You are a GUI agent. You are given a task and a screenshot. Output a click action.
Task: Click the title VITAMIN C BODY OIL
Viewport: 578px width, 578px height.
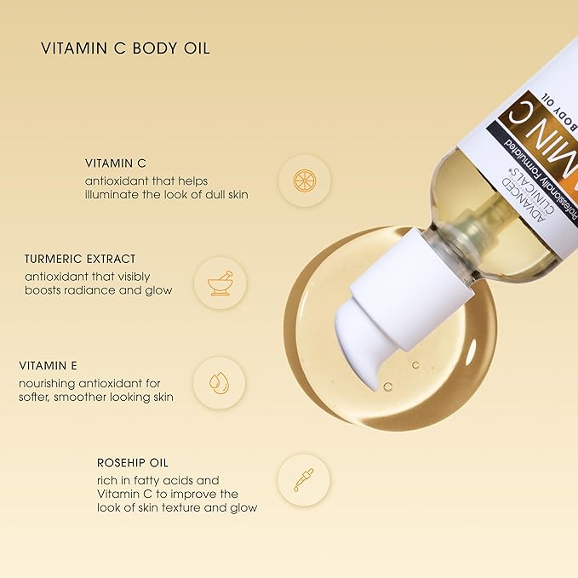[125, 48]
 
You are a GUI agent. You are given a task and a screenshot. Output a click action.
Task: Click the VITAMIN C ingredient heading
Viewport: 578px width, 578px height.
[115, 163]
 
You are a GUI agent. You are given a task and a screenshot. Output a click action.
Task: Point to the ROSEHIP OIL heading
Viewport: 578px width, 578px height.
[132, 463]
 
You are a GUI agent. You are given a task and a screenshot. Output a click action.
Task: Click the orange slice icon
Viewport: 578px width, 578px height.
[304, 180]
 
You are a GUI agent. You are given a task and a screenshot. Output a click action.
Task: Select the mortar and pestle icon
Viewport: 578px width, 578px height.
[220, 282]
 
